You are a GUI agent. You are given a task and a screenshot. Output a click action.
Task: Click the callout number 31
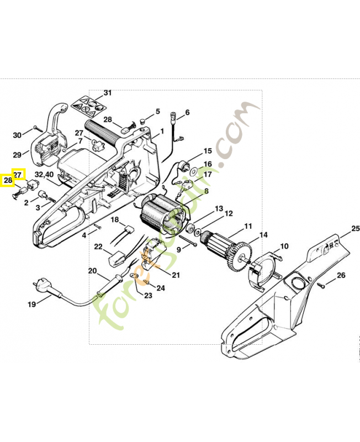[107, 93]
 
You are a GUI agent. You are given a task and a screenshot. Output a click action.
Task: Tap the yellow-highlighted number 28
[8, 180]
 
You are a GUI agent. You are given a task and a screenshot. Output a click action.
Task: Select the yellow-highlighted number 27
[18, 174]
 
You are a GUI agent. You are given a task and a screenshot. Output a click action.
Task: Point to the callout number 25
[355, 228]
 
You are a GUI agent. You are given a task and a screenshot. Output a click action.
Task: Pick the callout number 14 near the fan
[263, 235]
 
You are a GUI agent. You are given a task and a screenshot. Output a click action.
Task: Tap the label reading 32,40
[44, 175]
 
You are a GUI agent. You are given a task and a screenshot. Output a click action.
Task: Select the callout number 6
[187, 113]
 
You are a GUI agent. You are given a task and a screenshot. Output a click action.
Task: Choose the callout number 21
[176, 275]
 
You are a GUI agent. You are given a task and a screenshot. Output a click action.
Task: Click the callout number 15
[207, 151]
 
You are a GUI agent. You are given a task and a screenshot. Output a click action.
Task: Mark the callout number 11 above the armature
[248, 226]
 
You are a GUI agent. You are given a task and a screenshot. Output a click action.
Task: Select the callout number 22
[98, 246]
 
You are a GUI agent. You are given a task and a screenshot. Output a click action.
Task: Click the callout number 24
[161, 288]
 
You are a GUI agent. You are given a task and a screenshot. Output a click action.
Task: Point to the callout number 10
[284, 246]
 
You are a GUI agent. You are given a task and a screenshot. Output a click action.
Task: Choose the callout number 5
[157, 111]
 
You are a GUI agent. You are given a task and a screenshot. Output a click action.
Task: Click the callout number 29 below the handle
[17, 155]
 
